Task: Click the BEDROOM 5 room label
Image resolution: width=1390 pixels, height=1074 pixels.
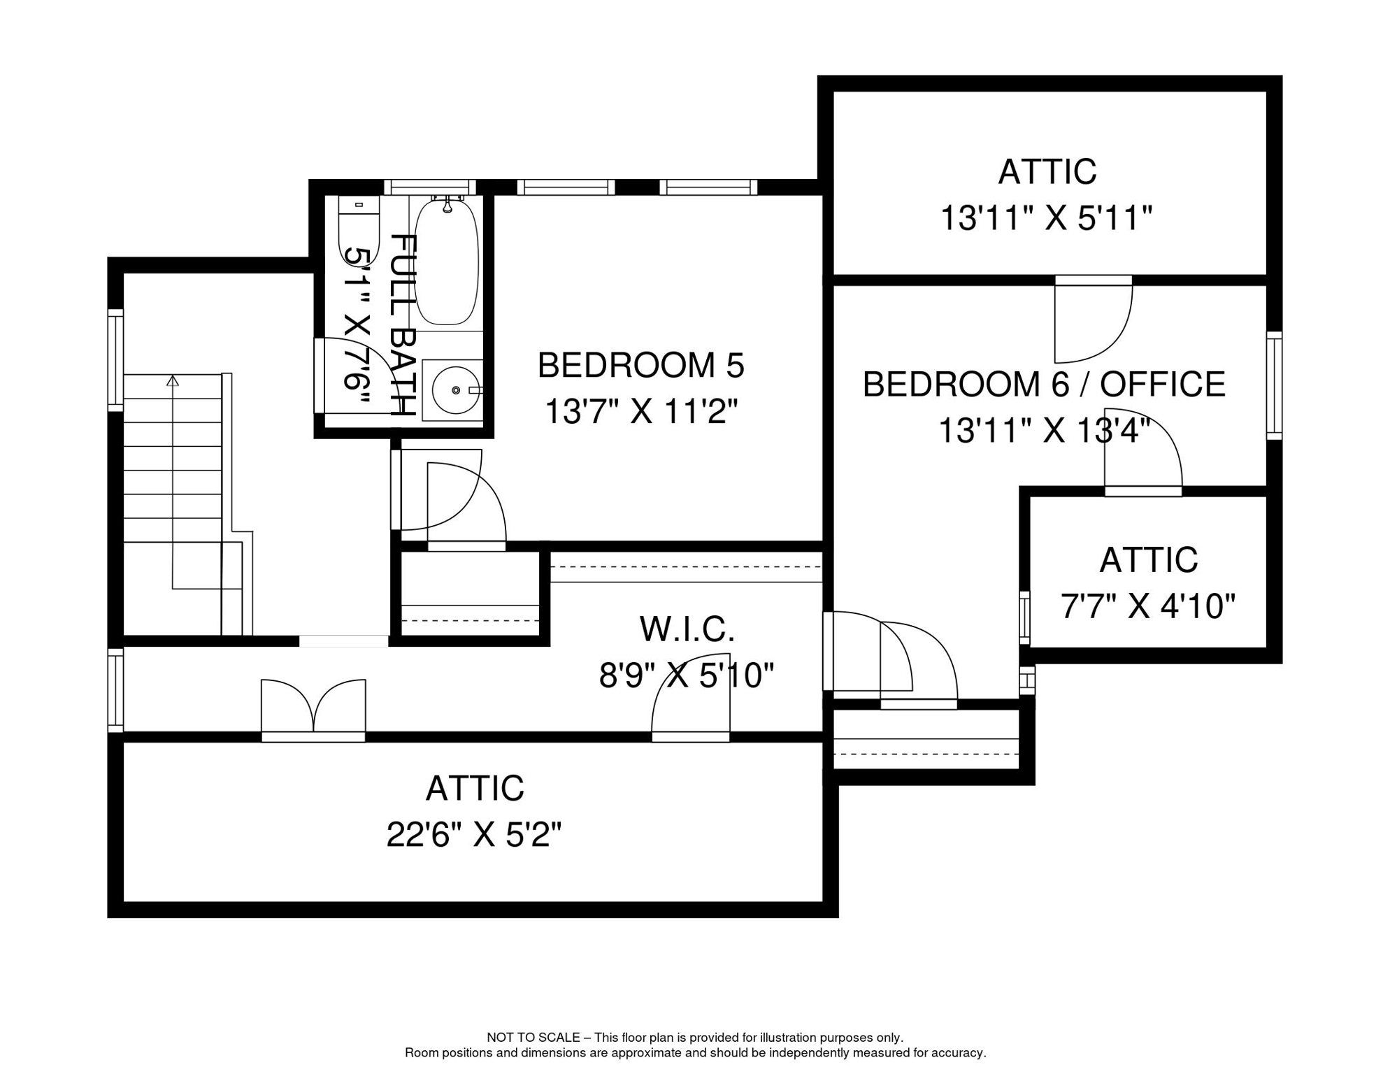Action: pos(640,366)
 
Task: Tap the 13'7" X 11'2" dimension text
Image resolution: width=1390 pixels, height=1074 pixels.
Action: pos(640,412)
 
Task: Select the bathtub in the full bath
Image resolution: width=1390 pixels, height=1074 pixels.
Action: pos(447,262)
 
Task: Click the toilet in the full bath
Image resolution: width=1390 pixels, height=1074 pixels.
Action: pos(359,227)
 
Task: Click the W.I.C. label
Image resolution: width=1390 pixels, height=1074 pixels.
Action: pos(687,629)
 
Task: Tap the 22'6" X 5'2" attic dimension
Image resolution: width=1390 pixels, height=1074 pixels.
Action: pos(474,834)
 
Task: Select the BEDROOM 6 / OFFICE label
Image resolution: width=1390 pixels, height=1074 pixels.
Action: pos(1044,385)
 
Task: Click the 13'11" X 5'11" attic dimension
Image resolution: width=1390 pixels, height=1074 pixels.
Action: pos(1046,218)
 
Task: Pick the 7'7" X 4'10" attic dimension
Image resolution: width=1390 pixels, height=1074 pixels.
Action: pos(1148,606)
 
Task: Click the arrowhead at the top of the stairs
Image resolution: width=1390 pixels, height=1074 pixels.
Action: pos(173,381)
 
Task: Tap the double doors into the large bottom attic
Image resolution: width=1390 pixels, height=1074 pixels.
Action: pos(313,710)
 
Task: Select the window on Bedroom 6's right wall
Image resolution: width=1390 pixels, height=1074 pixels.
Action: pos(1274,386)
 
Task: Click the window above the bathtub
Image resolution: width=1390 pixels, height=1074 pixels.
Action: pos(430,187)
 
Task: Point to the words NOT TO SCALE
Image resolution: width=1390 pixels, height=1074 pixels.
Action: pos(533,1038)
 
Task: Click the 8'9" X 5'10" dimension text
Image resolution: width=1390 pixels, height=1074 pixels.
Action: pos(687,676)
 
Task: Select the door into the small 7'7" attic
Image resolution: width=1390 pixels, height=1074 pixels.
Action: pos(1142,454)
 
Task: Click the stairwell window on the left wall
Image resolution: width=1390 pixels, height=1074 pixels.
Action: pos(115,360)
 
